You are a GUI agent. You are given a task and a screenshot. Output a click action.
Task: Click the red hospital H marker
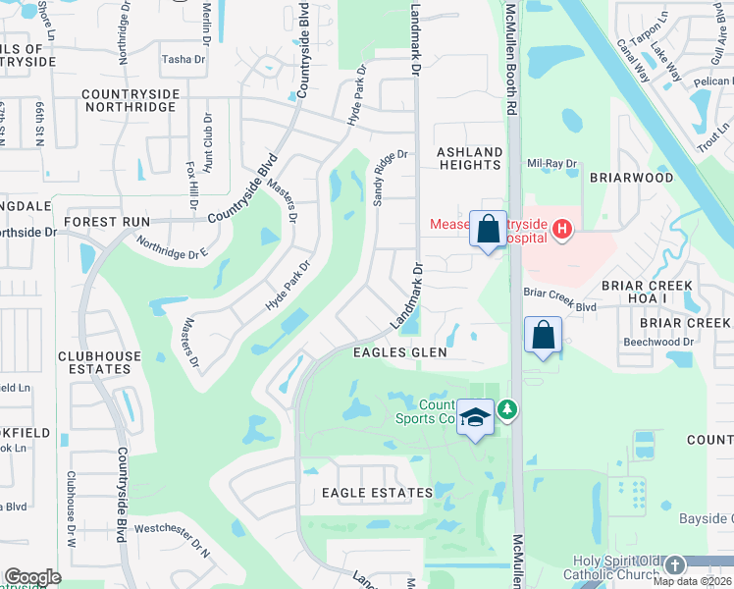tap(561, 230)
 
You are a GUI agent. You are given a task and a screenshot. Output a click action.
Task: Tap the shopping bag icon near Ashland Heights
tap(488, 231)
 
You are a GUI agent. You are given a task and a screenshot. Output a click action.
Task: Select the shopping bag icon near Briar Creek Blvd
tap(543, 336)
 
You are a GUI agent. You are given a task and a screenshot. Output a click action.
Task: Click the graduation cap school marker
tap(475, 418)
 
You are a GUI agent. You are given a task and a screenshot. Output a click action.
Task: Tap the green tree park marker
tap(506, 408)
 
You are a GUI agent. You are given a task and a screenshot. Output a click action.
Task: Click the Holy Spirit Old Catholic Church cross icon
tap(674, 565)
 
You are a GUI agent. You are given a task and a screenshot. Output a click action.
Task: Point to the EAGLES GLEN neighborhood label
tap(400, 352)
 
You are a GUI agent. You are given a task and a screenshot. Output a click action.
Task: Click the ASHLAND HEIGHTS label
tap(469, 158)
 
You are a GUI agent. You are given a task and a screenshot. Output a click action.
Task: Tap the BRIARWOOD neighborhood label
tap(631, 179)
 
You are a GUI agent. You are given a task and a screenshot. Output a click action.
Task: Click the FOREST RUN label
tap(107, 222)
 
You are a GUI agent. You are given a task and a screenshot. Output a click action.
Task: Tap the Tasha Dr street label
tap(183, 60)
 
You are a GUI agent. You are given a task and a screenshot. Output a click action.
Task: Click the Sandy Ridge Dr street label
tap(390, 176)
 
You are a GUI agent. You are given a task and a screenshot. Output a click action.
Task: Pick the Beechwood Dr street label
tap(658, 342)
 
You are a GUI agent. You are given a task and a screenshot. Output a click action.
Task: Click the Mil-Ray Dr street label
tap(549, 164)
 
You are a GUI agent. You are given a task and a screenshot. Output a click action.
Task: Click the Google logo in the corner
tap(33, 577)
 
